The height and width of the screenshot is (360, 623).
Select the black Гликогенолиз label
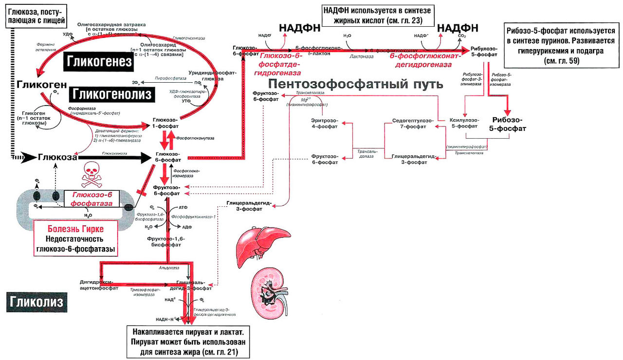pos(112,93)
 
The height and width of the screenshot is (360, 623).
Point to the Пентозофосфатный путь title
pos(355,84)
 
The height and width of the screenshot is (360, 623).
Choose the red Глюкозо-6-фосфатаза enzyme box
pos(92,199)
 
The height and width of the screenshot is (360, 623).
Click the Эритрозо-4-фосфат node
pos(324,123)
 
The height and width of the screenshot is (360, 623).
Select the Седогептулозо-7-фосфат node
pos(409,123)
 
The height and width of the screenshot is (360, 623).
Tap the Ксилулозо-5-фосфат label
pos(464,123)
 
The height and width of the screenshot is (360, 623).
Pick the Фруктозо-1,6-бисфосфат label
pos(166,242)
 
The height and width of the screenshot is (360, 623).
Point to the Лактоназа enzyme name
pos(361,56)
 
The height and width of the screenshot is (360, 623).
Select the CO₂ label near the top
pos(461,36)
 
